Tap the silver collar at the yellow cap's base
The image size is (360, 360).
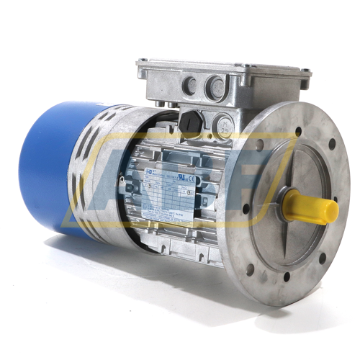[x=292, y=201]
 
